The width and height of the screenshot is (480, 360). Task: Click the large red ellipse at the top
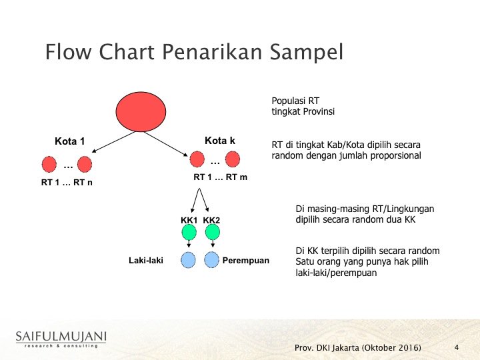(x=141, y=112)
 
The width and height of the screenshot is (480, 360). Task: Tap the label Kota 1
(x=69, y=141)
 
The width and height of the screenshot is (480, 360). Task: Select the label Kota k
(x=220, y=141)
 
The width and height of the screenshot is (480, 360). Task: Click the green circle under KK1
(x=189, y=232)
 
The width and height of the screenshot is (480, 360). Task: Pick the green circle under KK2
(x=213, y=232)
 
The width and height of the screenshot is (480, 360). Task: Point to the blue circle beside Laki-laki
(x=188, y=260)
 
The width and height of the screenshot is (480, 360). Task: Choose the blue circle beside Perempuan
(x=211, y=260)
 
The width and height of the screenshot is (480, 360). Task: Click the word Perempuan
(x=246, y=261)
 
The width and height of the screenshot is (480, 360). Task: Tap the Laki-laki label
(x=146, y=261)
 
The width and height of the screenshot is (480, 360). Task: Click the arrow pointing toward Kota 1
(x=113, y=142)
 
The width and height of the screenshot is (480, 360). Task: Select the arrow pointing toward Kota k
(x=165, y=144)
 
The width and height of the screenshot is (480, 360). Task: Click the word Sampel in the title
(x=307, y=52)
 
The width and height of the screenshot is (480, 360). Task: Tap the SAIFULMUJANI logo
(x=61, y=339)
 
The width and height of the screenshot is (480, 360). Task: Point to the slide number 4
(x=457, y=347)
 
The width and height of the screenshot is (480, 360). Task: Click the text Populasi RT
(x=295, y=101)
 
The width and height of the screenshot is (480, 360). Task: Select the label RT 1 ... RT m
(x=221, y=177)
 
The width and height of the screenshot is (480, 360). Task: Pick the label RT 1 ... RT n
(x=67, y=183)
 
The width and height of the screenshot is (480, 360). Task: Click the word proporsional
(x=396, y=155)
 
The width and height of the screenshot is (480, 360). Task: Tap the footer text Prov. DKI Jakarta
(x=327, y=348)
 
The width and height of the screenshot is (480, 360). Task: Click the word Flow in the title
(x=68, y=52)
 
